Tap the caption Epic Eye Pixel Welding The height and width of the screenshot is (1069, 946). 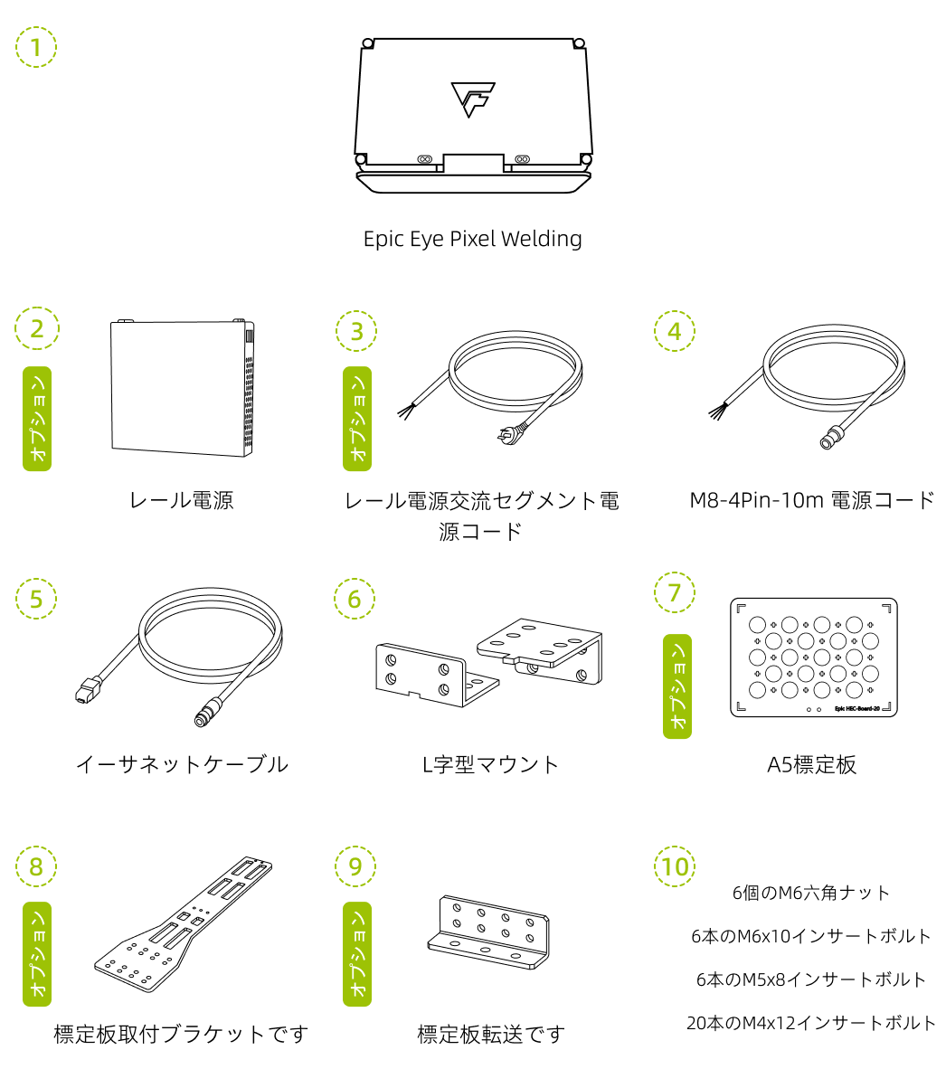(x=472, y=239)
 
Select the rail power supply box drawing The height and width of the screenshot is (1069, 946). (x=182, y=384)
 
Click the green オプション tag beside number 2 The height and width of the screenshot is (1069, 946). (x=37, y=419)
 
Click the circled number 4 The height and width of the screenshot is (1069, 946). (x=675, y=331)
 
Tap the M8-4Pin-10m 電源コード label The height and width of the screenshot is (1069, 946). (x=811, y=500)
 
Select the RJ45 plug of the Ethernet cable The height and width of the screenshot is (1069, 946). (x=84, y=692)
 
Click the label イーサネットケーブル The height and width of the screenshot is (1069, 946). (x=182, y=764)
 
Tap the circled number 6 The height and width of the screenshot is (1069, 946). (x=355, y=599)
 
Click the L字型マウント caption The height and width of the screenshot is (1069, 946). (x=491, y=764)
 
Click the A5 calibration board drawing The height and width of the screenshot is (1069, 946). (x=813, y=657)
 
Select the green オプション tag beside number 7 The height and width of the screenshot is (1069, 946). (x=677, y=686)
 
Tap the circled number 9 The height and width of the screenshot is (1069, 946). (x=355, y=866)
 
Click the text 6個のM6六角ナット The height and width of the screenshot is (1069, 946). (x=811, y=893)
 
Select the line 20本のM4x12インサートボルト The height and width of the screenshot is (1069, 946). (x=811, y=1023)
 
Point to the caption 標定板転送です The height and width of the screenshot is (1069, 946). (x=491, y=1034)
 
